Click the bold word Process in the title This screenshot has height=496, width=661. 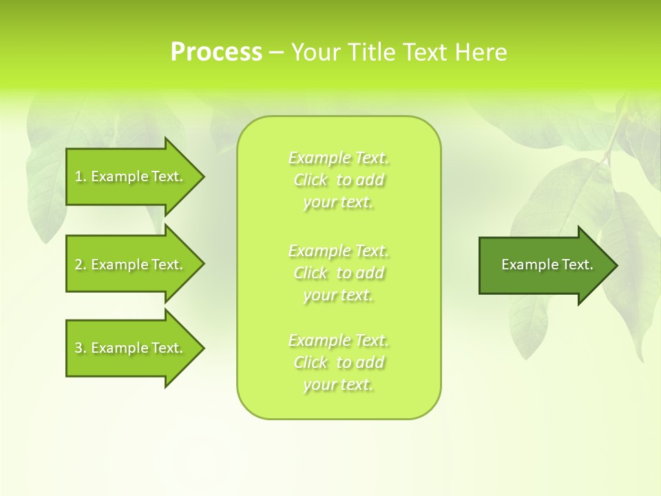pos(216,52)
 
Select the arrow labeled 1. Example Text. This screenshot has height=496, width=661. pos(131,176)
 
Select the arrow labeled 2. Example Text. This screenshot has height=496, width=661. pos(131,265)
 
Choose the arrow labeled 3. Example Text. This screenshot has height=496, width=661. pos(131,348)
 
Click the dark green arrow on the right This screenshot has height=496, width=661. pos(544,265)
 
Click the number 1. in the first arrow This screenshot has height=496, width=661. pos(81,176)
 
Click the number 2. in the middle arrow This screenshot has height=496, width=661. pos(81,265)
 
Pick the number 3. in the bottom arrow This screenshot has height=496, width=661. pos(81,348)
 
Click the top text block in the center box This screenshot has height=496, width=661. pos(339,180)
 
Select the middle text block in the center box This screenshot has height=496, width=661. pos(339,273)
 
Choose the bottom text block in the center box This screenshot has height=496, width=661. pos(339,362)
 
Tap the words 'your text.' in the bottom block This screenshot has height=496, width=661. pos(338,385)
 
